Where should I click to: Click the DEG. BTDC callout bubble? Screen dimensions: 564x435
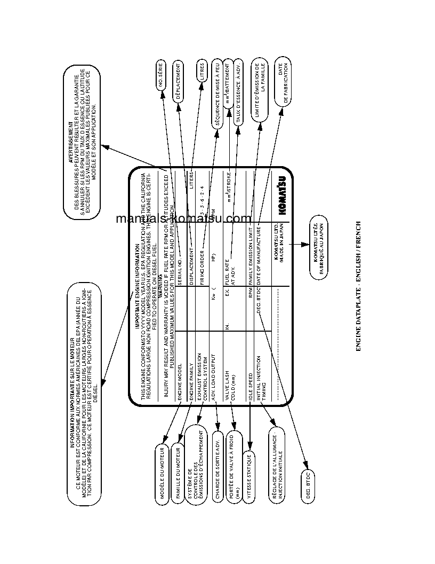[308, 487]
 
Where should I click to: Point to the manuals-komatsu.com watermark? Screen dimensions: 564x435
[183, 218]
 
